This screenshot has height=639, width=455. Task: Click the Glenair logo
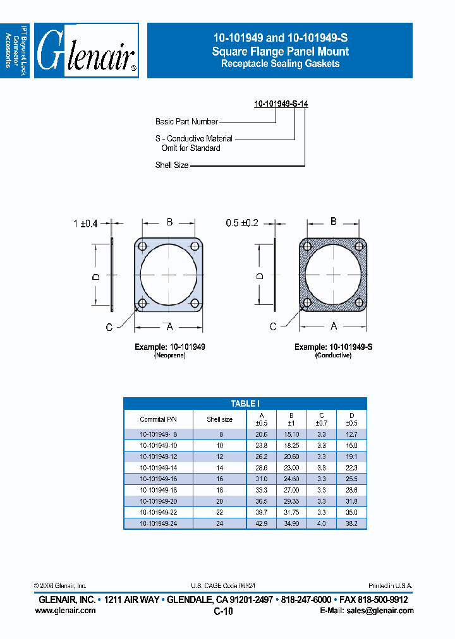click(x=87, y=51)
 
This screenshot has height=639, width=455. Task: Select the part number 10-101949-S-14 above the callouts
click(x=281, y=104)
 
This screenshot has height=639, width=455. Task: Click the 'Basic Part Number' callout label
click(x=186, y=121)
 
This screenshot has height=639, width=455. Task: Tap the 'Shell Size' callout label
click(x=172, y=165)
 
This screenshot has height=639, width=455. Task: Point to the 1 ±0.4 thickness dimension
click(x=86, y=223)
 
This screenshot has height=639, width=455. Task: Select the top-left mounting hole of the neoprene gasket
click(x=142, y=246)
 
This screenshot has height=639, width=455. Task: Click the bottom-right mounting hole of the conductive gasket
click(x=360, y=303)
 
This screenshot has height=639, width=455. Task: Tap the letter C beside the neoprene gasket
click(x=109, y=327)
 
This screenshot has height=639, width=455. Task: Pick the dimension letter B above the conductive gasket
click(x=333, y=222)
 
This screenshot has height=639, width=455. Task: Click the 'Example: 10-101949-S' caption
click(x=333, y=347)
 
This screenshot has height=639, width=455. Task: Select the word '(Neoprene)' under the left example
click(x=169, y=356)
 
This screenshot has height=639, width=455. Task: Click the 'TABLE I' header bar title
click(x=245, y=403)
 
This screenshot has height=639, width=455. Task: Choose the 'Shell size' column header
click(x=219, y=419)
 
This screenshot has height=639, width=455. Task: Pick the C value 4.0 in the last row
click(x=322, y=523)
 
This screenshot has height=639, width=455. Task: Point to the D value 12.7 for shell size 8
click(x=351, y=434)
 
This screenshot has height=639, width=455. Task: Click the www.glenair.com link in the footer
click(x=68, y=611)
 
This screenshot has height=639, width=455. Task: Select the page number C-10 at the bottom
click(x=223, y=612)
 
